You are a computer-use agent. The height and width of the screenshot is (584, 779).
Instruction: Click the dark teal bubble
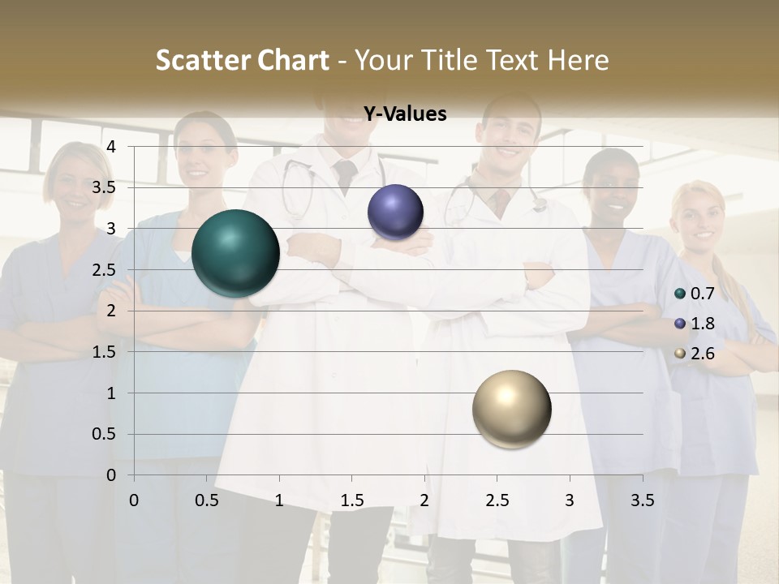pyautogui.click(x=235, y=253)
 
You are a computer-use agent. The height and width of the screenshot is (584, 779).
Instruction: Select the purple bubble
pyautogui.click(x=395, y=213)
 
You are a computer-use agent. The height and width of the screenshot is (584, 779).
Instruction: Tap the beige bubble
pyautogui.click(x=511, y=409)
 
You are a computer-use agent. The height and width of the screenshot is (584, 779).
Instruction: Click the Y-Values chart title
pyautogui.click(x=404, y=114)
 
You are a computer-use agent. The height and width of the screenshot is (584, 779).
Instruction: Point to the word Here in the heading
pyautogui.click(x=578, y=60)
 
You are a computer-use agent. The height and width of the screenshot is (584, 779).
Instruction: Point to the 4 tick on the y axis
pyautogui.click(x=112, y=147)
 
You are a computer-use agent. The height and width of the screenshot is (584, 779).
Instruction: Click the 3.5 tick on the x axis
pyautogui.click(x=642, y=500)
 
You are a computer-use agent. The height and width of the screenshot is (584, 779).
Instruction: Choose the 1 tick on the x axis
pyautogui.click(x=279, y=500)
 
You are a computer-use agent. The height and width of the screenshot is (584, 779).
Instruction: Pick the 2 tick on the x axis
pyautogui.click(x=424, y=500)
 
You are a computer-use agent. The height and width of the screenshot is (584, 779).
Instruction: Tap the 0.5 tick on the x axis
pyautogui.click(x=207, y=500)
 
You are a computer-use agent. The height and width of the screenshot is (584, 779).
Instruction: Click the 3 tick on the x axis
pyautogui.click(x=570, y=500)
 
